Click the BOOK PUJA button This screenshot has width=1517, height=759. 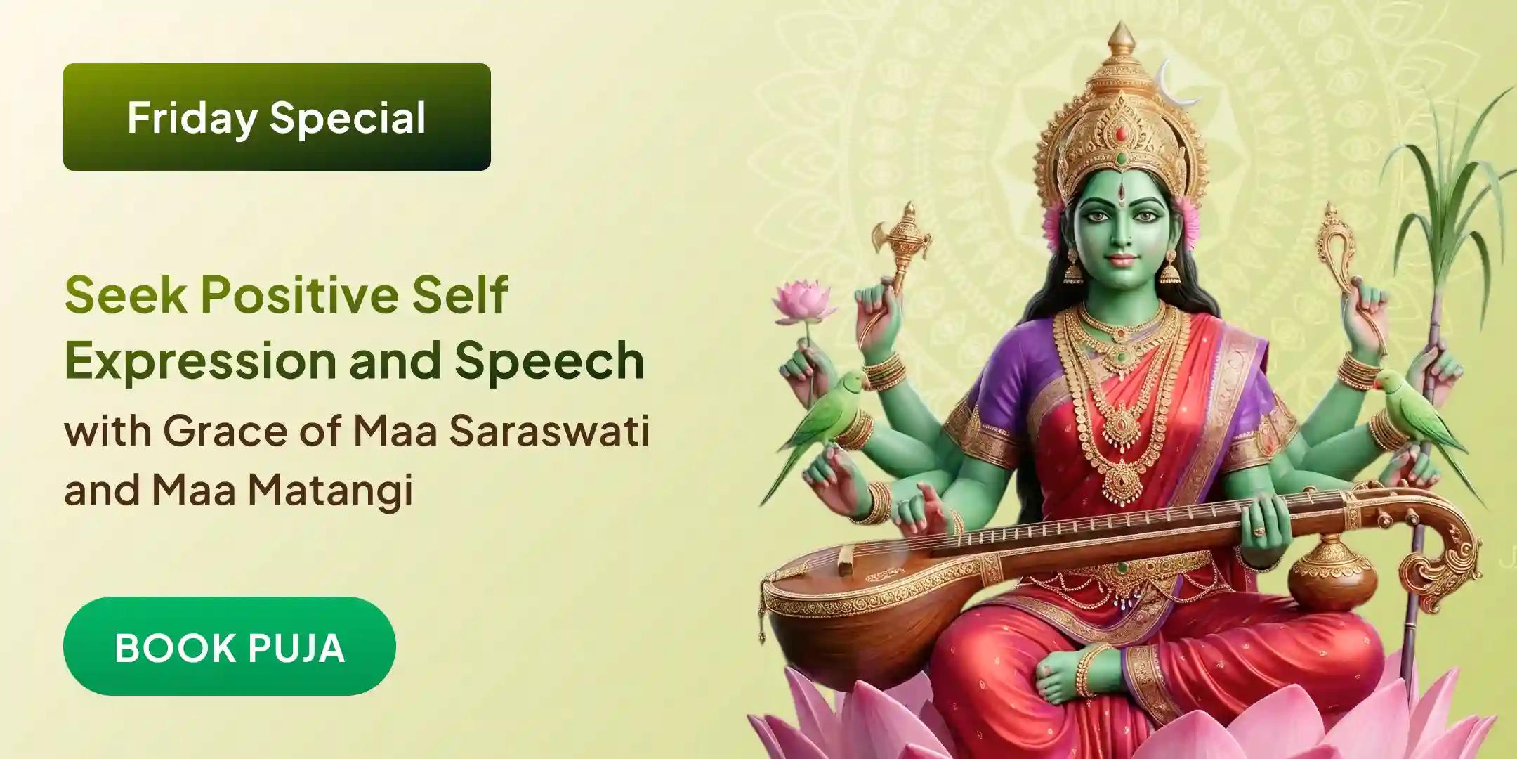229,647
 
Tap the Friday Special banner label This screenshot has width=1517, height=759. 277,117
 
